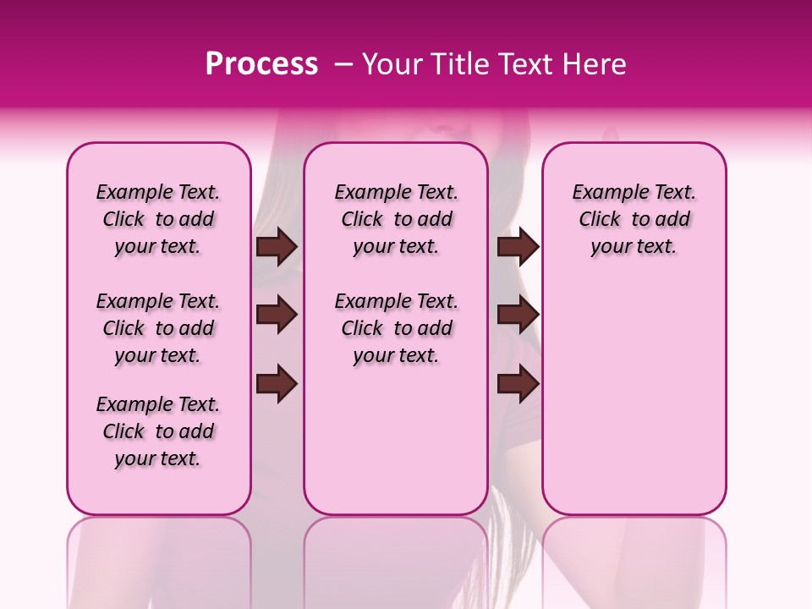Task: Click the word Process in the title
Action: [261, 64]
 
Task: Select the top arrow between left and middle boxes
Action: [277, 247]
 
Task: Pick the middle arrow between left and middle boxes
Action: [277, 315]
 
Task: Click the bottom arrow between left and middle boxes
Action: [277, 385]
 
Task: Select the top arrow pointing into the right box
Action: [518, 247]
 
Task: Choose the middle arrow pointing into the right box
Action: [518, 315]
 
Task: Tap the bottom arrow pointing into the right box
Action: [518, 385]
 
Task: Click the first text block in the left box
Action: [158, 219]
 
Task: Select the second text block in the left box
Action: [158, 328]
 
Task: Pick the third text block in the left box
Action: [158, 431]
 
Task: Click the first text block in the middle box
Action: [397, 219]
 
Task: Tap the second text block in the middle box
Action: [397, 328]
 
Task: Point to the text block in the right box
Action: [634, 219]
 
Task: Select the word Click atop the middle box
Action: [362, 220]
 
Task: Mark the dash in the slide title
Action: [344, 64]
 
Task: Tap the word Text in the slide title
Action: [522, 64]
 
